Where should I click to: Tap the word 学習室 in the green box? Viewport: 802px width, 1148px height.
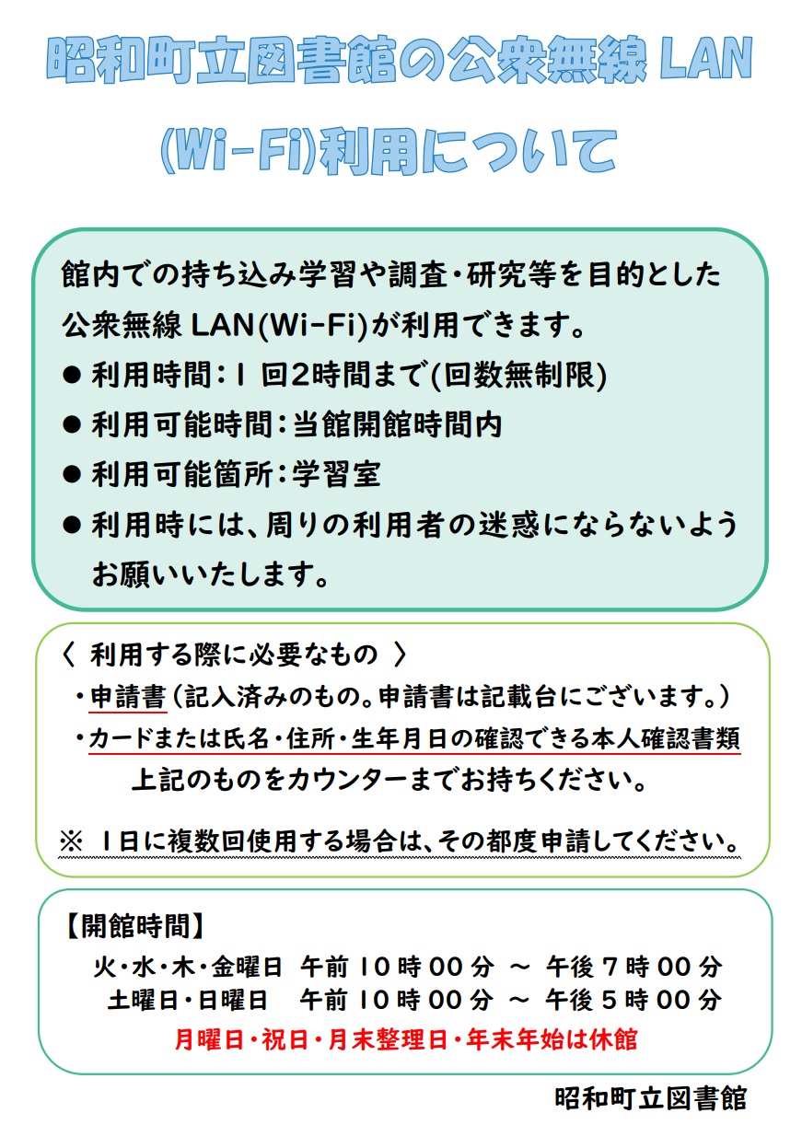point(337,474)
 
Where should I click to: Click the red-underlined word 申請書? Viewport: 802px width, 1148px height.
point(128,697)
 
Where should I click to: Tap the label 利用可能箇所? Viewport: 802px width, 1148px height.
point(182,474)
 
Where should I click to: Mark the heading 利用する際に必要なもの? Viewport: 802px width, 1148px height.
point(234,655)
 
